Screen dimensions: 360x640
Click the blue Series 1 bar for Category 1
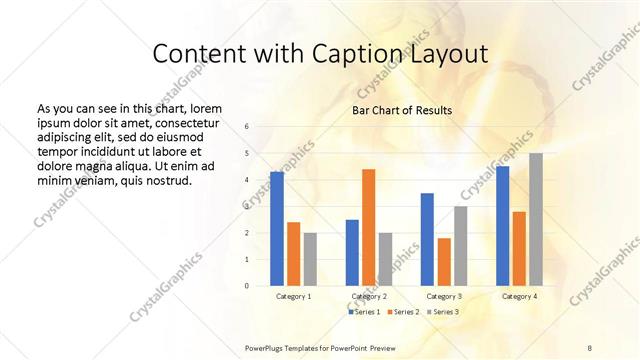[x=277, y=229]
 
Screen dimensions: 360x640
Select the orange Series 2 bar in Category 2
[x=368, y=227]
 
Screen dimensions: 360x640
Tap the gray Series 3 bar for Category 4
[x=536, y=219]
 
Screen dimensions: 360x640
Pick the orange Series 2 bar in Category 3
[x=444, y=262]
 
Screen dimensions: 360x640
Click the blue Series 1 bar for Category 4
[x=502, y=226]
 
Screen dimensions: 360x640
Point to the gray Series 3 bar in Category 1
[x=310, y=259]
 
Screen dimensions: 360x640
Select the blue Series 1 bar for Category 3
[x=427, y=239]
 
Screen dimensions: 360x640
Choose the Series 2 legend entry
[x=403, y=312]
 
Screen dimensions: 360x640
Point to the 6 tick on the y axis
[x=247, y=127]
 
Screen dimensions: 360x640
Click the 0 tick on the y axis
[x=247, y=286]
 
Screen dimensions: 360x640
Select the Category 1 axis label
[x=293, y=296]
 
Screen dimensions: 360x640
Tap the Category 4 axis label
[x=519, y=296]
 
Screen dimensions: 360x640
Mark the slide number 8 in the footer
[x=590, y=347]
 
